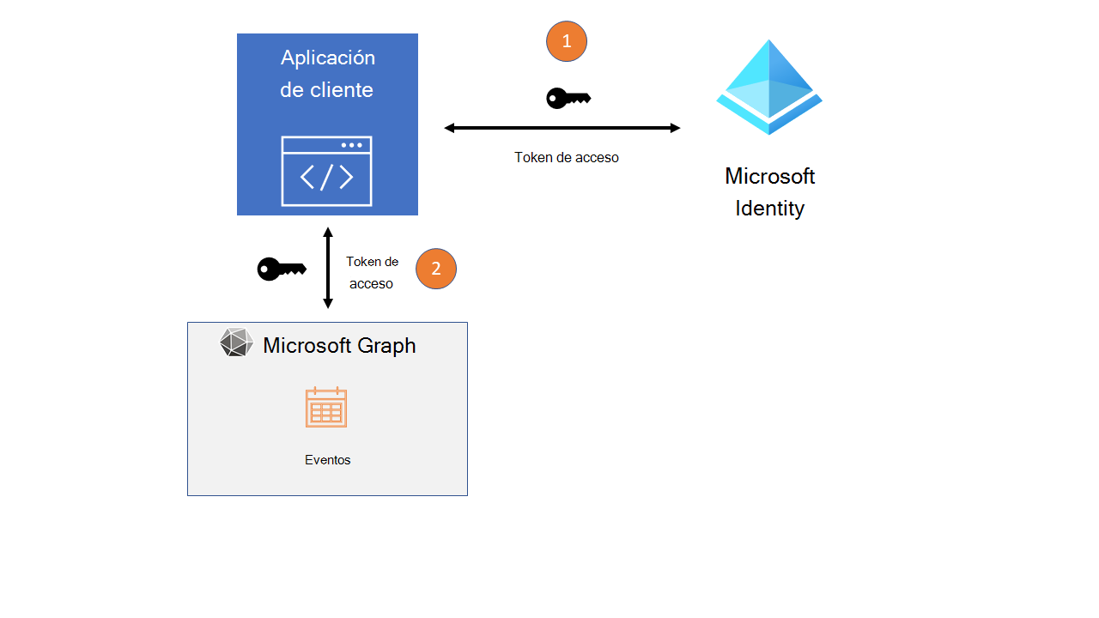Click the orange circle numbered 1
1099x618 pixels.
[x=566, y=41]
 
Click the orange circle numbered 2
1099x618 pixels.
[x=436, y=269]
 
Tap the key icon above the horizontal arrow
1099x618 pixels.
[x=568, y=99]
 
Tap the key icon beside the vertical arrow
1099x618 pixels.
[x=282, y=269]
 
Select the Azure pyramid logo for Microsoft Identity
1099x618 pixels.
[x=769, y=87]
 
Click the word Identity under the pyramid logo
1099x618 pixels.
[x=769, y=208]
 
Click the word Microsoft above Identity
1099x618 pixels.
[x=769, y=176]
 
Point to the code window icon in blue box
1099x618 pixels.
[x=326, y=172]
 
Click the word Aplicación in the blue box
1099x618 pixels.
[x=328, y=58]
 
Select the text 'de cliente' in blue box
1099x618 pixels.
[x=326, y=89]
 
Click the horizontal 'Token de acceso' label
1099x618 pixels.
[x=566, y=158]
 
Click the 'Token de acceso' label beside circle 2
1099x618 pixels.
[x=372, y=272]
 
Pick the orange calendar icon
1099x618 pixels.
[x=326, y=407]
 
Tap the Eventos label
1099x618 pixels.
[x=327, y=460]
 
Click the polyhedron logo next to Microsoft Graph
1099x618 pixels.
[x=236, y=342]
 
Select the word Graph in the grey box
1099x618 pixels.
[x=386, y=345]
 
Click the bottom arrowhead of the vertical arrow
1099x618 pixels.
[x=327, y=304]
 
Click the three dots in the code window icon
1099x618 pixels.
[x=351, y=145]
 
